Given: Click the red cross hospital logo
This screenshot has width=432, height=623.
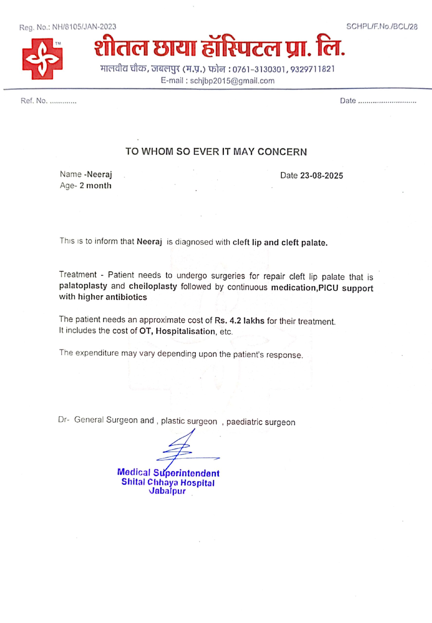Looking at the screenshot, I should point(42,59).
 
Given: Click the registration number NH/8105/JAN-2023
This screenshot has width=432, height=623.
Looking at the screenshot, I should point(84,27).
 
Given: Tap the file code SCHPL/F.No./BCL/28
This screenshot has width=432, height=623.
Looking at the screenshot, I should point(382,27).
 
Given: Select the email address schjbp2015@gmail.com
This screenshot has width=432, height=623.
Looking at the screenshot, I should point(232,81).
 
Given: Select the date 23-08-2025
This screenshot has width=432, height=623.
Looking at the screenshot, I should point(322,176).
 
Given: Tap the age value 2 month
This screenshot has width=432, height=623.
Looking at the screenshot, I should point(95,186).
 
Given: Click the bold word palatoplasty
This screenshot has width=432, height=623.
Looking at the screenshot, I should point(83,286).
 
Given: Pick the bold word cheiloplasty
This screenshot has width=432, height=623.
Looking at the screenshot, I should point(153,286).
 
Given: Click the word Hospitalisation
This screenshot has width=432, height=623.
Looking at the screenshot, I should point(185,331).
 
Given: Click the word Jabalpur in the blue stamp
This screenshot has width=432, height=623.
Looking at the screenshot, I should point(167,491).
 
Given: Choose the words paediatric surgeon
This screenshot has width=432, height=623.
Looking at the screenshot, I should point(261,422).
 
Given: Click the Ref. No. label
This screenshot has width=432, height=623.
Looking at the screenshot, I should point(34,101).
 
